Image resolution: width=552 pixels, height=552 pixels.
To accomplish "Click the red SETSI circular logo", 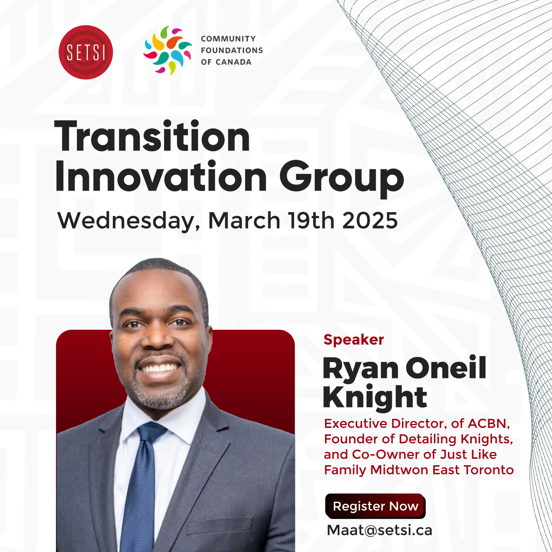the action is [x=86, y=52].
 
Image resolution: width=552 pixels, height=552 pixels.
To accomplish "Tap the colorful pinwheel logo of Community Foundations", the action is [x=168, y=50].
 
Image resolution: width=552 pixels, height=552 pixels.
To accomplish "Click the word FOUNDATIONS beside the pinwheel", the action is [x=232, y=50].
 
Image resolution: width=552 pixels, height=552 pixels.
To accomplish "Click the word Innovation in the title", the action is [x=161, y=177].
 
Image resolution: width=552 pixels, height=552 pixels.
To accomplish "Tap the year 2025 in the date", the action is [x=370, y=220].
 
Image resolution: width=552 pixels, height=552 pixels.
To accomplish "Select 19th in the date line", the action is [x=311, y=220].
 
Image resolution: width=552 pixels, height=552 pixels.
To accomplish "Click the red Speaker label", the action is [x=354, y=340].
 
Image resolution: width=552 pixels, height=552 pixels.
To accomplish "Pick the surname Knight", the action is [x=375, y=398].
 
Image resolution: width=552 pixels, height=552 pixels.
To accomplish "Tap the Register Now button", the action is [x=375, y=506].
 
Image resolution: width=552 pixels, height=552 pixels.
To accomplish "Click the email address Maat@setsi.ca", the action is [x=379, y=530].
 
